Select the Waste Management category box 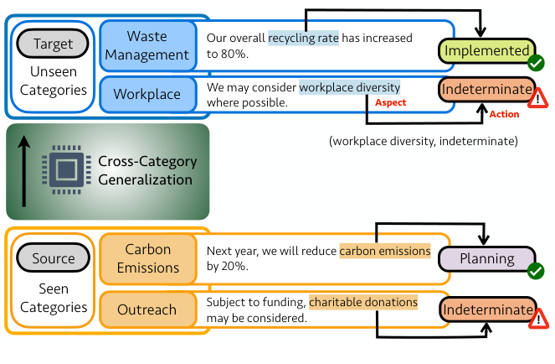[147, 45]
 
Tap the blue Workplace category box [147, 94]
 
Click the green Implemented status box [486, 51]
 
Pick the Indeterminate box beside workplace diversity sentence [486, 89]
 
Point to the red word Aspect [391, 102]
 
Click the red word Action [504, 115]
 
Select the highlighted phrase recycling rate [303, 38]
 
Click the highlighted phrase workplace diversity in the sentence [350, 86]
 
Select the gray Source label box [54, 259]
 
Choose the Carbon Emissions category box [147, 259]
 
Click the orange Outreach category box [147, 309]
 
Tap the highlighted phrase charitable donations [363, 302]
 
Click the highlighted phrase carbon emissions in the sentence [384, 251]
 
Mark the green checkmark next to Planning [536, 270]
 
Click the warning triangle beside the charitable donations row [538, 318]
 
